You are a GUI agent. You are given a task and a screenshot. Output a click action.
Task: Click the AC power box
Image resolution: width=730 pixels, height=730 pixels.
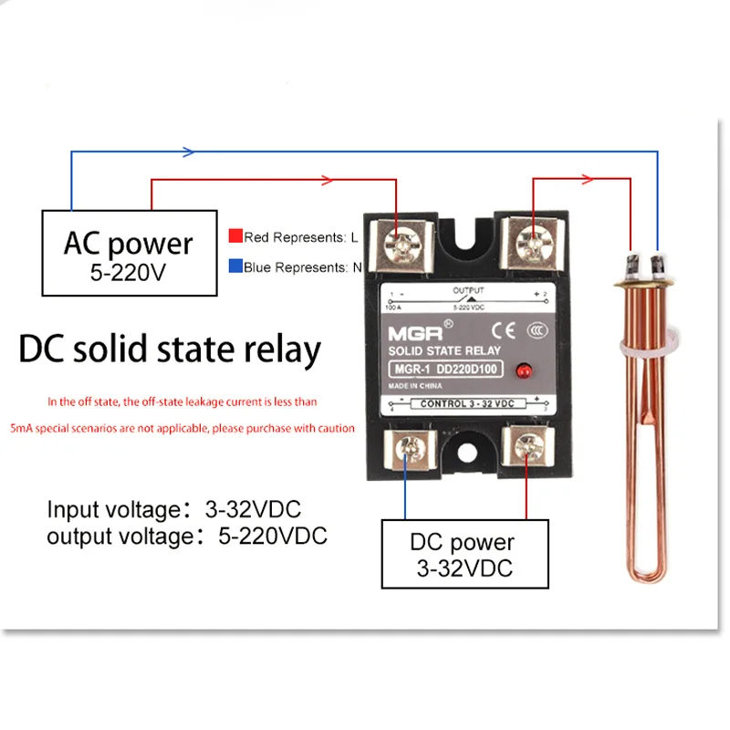coord(129,253)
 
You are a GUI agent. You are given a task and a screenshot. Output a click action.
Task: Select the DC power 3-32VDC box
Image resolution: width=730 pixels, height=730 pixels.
coord(465,554)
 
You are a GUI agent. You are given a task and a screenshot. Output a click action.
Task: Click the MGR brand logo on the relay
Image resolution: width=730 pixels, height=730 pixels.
coord(407,328)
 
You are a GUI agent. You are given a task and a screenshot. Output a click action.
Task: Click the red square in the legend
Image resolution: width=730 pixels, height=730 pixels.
coord(235,236)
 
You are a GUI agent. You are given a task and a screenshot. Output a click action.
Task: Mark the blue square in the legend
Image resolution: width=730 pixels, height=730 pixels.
coord(235,267)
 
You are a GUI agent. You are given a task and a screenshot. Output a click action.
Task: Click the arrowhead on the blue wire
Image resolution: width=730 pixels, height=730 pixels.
coord(187,151)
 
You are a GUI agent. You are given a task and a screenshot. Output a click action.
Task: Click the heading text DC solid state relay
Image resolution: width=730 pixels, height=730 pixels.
coord(170,350)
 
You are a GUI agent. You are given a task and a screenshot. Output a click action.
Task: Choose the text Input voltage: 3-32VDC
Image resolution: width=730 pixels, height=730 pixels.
coord(174,509)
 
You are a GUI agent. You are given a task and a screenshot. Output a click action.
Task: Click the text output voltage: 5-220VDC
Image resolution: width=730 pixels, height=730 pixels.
coord(187,536)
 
